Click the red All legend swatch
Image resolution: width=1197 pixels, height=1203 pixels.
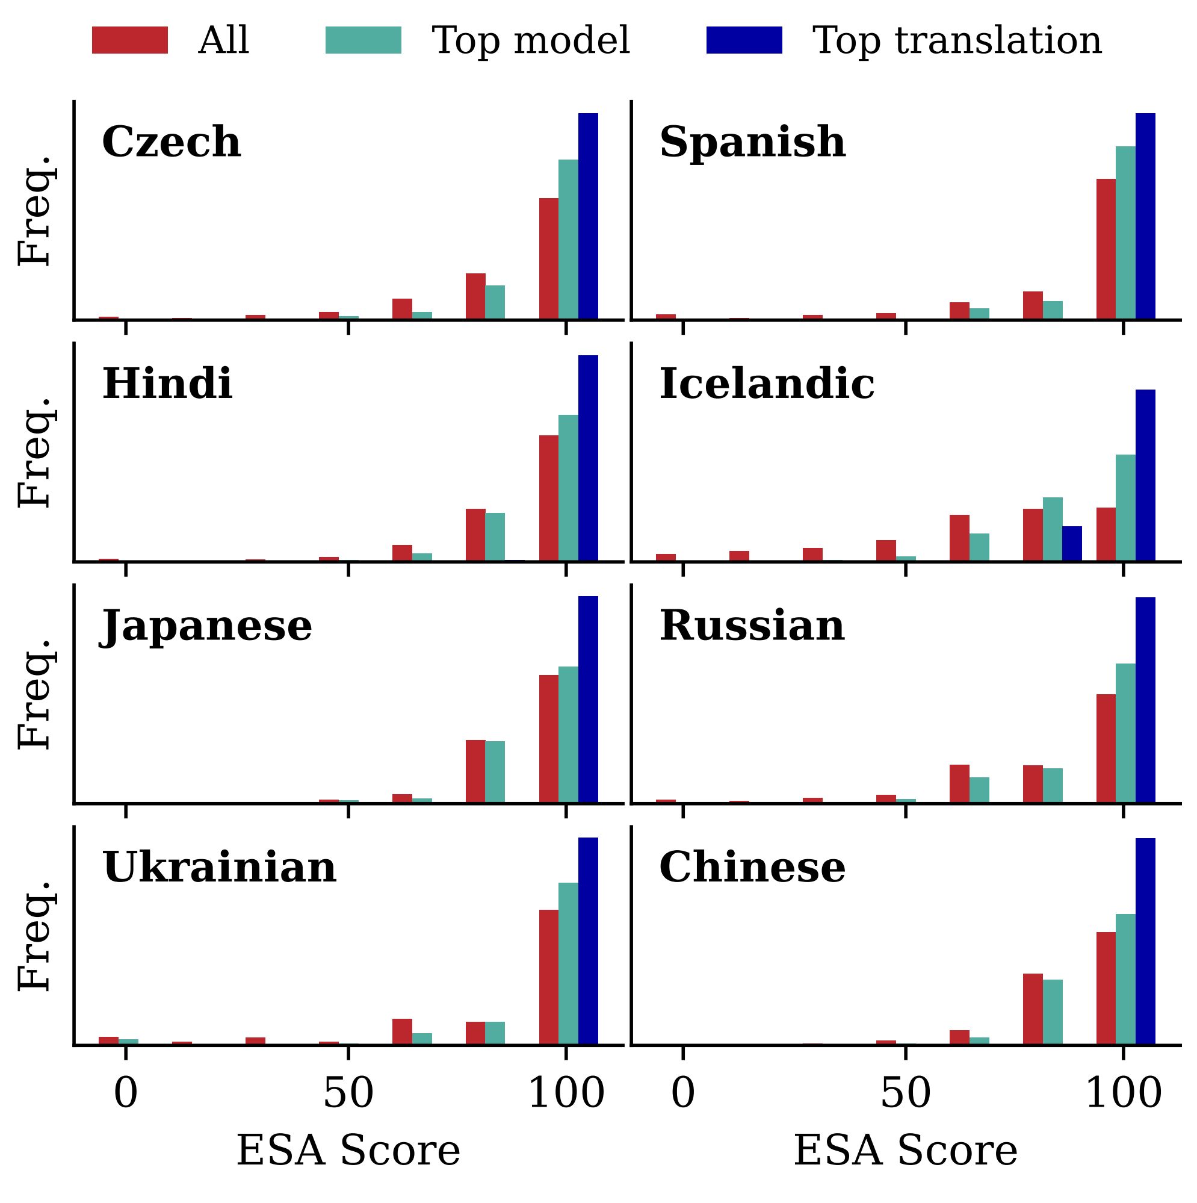click(x=129, y=40)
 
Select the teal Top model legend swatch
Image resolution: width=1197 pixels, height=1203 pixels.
click(x=363, y=40)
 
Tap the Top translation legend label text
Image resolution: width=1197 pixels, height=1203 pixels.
click(x=957, y=41)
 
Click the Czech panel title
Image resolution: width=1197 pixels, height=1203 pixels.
click(x=171, y=142)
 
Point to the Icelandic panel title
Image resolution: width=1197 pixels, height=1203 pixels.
click(x=766, y=384)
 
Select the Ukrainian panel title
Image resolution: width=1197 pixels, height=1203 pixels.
click(x=219, y=868)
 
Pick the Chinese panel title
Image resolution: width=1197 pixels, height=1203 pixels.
click(x=752, y=868)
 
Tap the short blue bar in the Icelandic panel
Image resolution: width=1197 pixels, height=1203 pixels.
click(x=1071, y=544)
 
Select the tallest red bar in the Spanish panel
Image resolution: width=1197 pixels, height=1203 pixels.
click(x=1106, y=249)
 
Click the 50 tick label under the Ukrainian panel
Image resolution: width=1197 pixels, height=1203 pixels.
click(x=348, y=1094)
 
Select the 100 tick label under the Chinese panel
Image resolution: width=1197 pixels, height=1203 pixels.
click(x=1123, y=1094)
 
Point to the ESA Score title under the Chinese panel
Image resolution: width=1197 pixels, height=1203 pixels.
click(x=905, y=1151)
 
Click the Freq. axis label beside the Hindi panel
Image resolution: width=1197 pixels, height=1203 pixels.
click(x=35, y=451)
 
